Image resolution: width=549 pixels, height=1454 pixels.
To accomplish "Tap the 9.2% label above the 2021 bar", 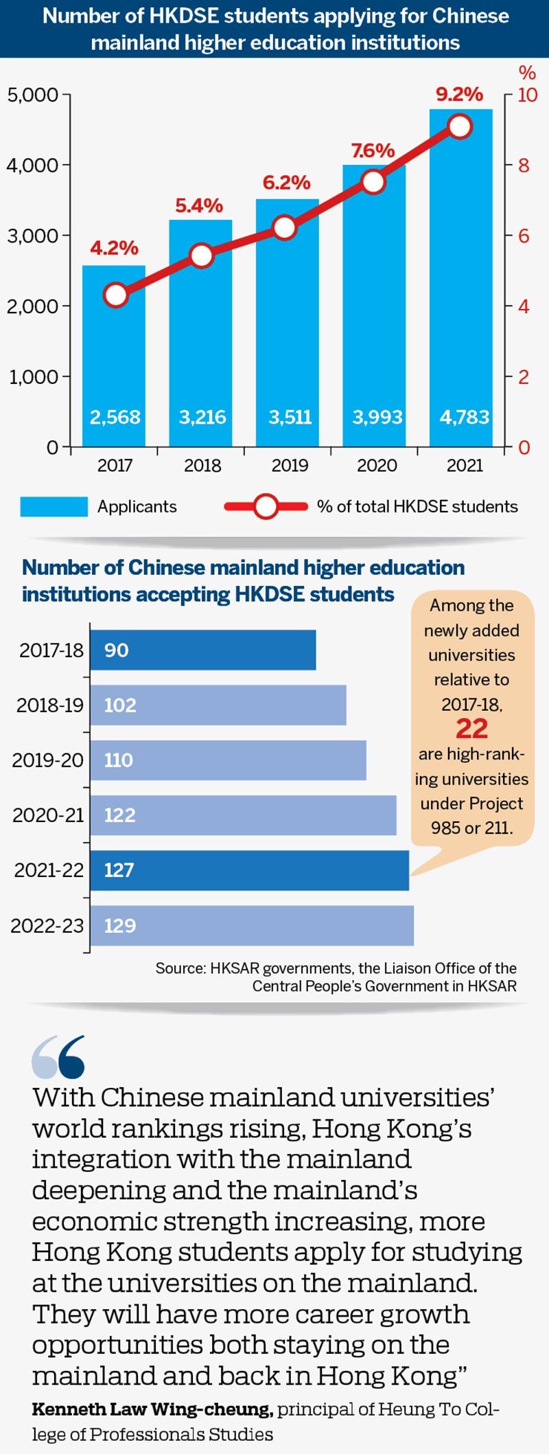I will click(459, 94).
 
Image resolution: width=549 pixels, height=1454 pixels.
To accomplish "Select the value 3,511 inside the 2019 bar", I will click(290, 417).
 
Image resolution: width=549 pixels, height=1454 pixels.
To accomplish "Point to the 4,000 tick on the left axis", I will click(32, 165).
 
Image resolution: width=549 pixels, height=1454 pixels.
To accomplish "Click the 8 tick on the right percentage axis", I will click(523, 166).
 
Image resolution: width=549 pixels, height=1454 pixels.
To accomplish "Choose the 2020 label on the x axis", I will click(377, 466).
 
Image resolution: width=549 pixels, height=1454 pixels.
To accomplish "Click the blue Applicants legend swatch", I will click(54, 507).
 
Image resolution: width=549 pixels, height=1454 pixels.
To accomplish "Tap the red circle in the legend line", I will click(265, 507).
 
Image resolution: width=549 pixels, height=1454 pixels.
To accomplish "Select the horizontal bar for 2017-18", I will click(203, 650).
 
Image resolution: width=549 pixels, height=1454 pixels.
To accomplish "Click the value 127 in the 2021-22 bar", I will click(119, 870).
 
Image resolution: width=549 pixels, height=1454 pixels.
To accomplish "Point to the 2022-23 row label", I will click(47, 926).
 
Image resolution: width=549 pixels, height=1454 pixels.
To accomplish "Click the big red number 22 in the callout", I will click(471, 728).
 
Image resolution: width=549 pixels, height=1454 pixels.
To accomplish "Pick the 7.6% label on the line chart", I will click(373, 150).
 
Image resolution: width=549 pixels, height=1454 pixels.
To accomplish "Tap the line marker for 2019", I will click(285, 228).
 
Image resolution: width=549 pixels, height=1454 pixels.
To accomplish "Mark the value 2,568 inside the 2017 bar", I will click(115, 417).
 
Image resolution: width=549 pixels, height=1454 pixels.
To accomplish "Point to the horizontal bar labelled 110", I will click(228, 760).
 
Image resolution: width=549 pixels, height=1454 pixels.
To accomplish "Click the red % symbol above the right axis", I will click(526, 72).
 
